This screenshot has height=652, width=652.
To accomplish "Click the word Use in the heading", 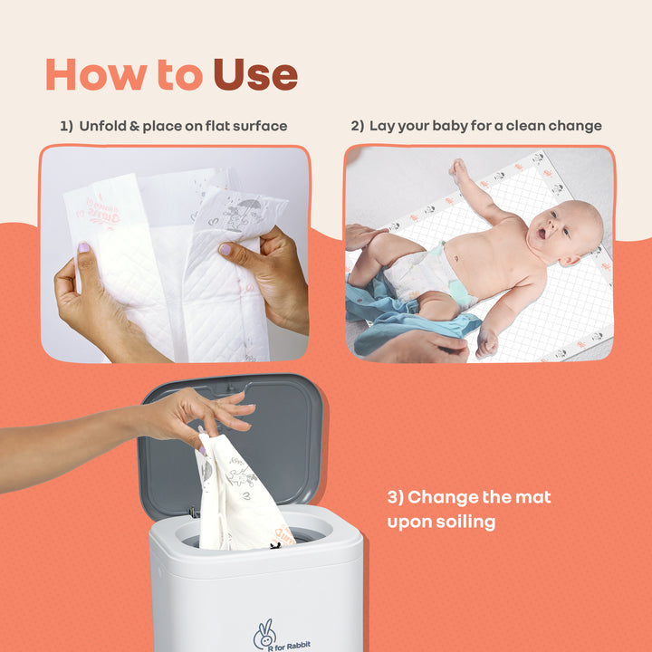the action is (x=255, y=75).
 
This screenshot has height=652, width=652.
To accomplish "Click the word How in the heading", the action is (x=97, y=75).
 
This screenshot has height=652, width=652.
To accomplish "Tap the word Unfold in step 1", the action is (x=102, y=126).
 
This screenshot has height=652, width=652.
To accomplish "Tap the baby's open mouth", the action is (x=541, y=234).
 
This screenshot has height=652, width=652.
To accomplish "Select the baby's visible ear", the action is (x=570, y=261).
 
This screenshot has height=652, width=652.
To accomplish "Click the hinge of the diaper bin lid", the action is (x=194, y=513).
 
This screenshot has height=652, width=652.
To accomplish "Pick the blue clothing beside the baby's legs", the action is (x=399, y=316).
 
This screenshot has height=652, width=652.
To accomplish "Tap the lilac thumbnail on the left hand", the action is (x=84, y=248).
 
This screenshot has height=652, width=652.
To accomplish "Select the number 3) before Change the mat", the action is (x=395, y=498).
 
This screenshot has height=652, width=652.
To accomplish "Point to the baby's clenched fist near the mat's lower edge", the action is (x=486, y=343).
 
